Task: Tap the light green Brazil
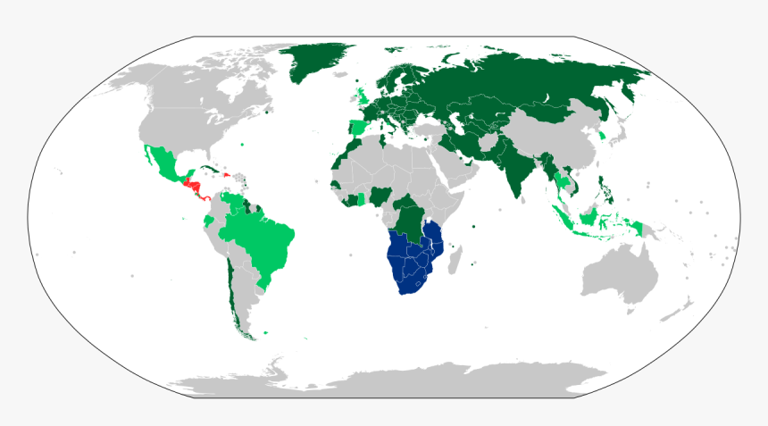[263, 241]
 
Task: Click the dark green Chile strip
[230, 286]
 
